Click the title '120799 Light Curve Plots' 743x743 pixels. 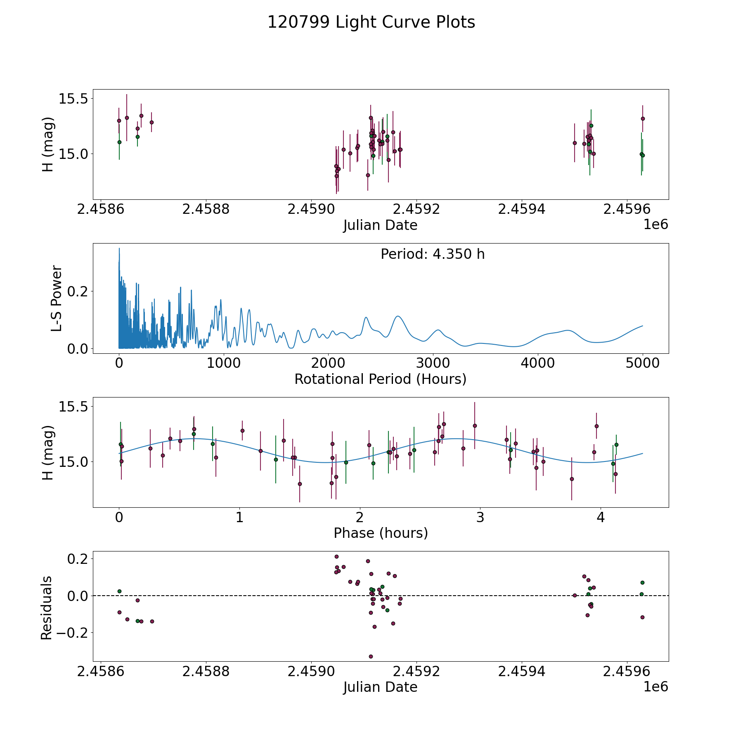tap(371, 22)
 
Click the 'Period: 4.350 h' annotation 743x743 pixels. tap(433, 254)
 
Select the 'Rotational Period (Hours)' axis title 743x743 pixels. tap(380, 379)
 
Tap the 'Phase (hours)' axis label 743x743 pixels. tap(381, 533)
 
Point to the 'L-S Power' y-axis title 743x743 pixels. tap(57, 298)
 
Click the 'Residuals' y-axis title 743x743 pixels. tap(46, 608)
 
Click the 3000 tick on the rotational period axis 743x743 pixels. tap(433, 363)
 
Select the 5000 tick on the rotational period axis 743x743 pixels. tap(642, 363)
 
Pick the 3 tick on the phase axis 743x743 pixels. tap(480, 517)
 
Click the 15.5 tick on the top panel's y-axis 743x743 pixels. tap(73, 99)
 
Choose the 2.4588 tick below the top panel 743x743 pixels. tap(206, 209)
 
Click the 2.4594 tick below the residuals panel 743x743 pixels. tap(522, 672)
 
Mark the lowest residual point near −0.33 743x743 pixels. tap(371, 656)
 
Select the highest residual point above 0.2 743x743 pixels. tap(336, 556)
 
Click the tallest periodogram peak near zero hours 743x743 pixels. tap(119, 248)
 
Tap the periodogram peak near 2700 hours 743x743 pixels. tap(398, 316)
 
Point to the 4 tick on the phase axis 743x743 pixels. tap(601, 517)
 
